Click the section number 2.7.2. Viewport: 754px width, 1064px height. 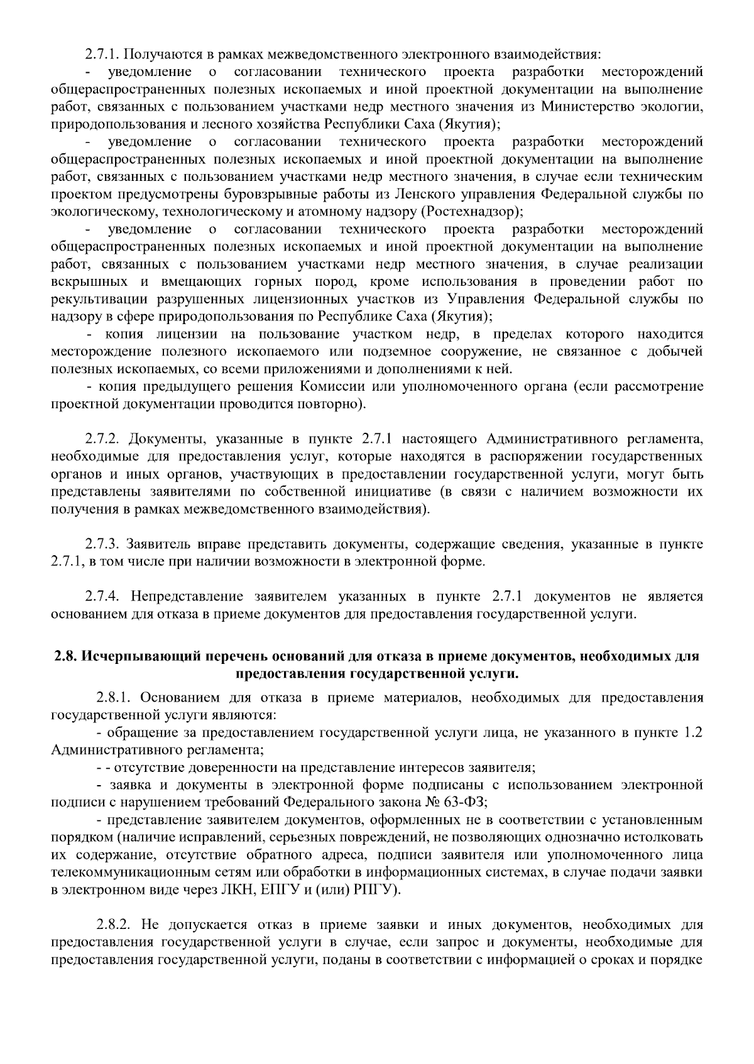click(x=106, y=438)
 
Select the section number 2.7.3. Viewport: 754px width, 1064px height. click(x=106, y=543)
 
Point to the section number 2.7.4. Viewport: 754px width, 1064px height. click(x=106, y=595)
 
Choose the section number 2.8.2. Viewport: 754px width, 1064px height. click(x=116, y=925)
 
